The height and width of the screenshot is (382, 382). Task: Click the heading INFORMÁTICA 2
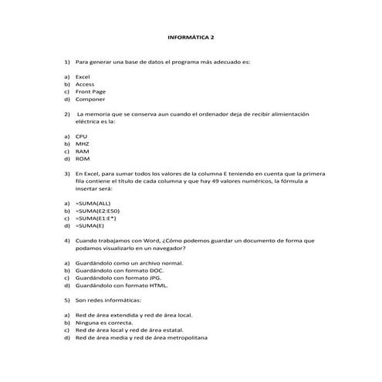point(192,36)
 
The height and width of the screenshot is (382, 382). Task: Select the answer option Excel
point(83,77)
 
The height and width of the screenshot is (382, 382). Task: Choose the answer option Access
point(85,84)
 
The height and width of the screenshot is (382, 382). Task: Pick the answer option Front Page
point(90,92)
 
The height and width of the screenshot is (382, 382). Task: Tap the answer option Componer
point(90,100)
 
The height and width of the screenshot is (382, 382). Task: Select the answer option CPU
point(82,137)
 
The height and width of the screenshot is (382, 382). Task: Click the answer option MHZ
point(83,144)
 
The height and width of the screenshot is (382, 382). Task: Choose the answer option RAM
point(83,151)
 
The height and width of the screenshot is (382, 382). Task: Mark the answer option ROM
point(83,159)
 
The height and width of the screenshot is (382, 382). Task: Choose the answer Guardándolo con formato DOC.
point(120,270)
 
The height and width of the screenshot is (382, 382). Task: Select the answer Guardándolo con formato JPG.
point(119,278)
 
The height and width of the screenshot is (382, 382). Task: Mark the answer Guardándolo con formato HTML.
point(121,286)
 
